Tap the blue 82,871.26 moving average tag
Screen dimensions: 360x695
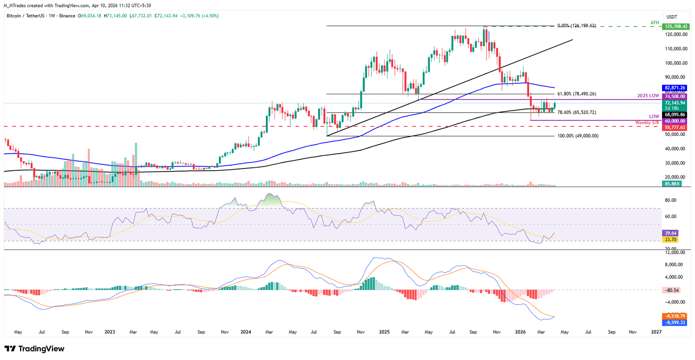675,88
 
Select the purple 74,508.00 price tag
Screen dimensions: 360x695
675,96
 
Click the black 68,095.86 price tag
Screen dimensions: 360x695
675,115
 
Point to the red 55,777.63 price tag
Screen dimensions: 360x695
675,128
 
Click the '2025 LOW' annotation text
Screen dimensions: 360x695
648,96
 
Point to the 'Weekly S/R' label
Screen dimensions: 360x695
647,123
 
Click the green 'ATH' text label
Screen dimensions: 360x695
655,23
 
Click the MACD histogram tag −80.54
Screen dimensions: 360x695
672,290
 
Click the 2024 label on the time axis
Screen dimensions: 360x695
246,332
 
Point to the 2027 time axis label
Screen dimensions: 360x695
656,332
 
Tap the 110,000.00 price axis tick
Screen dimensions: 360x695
676,49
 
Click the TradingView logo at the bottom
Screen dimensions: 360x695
35,349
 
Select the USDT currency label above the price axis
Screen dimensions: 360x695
672,17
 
